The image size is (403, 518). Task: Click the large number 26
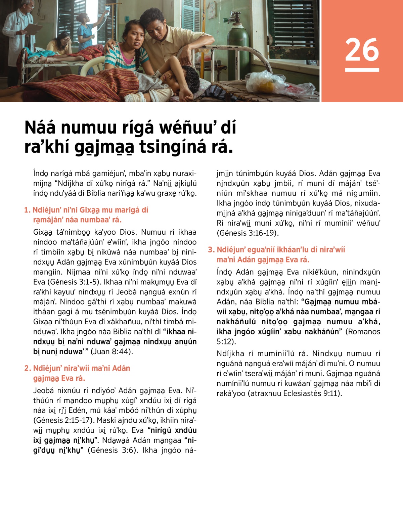[362, 50]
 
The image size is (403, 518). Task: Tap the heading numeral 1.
[27, 210]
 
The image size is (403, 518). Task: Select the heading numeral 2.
[27, 368]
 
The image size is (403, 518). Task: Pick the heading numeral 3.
[211, 250]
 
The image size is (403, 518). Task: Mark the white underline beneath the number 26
[362, 70]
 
